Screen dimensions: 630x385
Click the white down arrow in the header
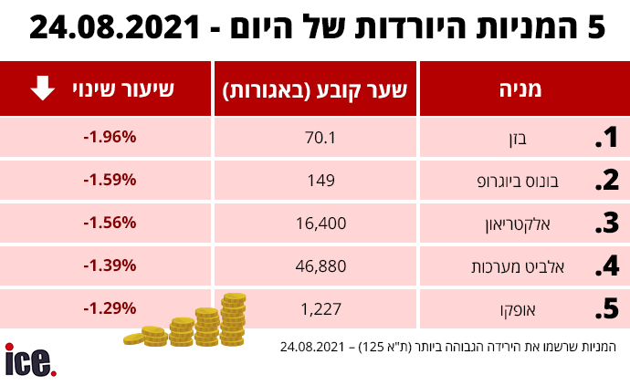(x=43, y=88)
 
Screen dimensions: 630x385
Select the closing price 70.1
(x=320, y=138)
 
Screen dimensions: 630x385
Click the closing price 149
(x=321, y=181)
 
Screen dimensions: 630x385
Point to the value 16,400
(x=321, y=224)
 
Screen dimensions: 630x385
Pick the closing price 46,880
(x=321, y=266)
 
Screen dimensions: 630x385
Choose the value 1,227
(x=321, y=309)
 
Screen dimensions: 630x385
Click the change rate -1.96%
(x=110, y=137)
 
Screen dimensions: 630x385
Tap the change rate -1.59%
(x=110, y=180)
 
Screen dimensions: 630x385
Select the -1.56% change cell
(x=110, y=223)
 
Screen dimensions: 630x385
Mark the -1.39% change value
(x=110, y=265)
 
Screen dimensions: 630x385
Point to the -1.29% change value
(x=110, y=308)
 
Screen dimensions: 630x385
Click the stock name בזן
(x=518, y=139)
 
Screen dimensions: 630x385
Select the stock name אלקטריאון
(x=518, y=224)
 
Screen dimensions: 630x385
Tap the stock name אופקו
(x=518, y=310)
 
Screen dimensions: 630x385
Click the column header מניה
(x=520, y=89)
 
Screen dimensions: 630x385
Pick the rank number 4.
(x=607, y=265)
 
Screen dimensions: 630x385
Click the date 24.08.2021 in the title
(x=114, y=27)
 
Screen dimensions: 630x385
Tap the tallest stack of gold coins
(x=234, y=319)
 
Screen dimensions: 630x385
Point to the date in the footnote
(x=312, y=347)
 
